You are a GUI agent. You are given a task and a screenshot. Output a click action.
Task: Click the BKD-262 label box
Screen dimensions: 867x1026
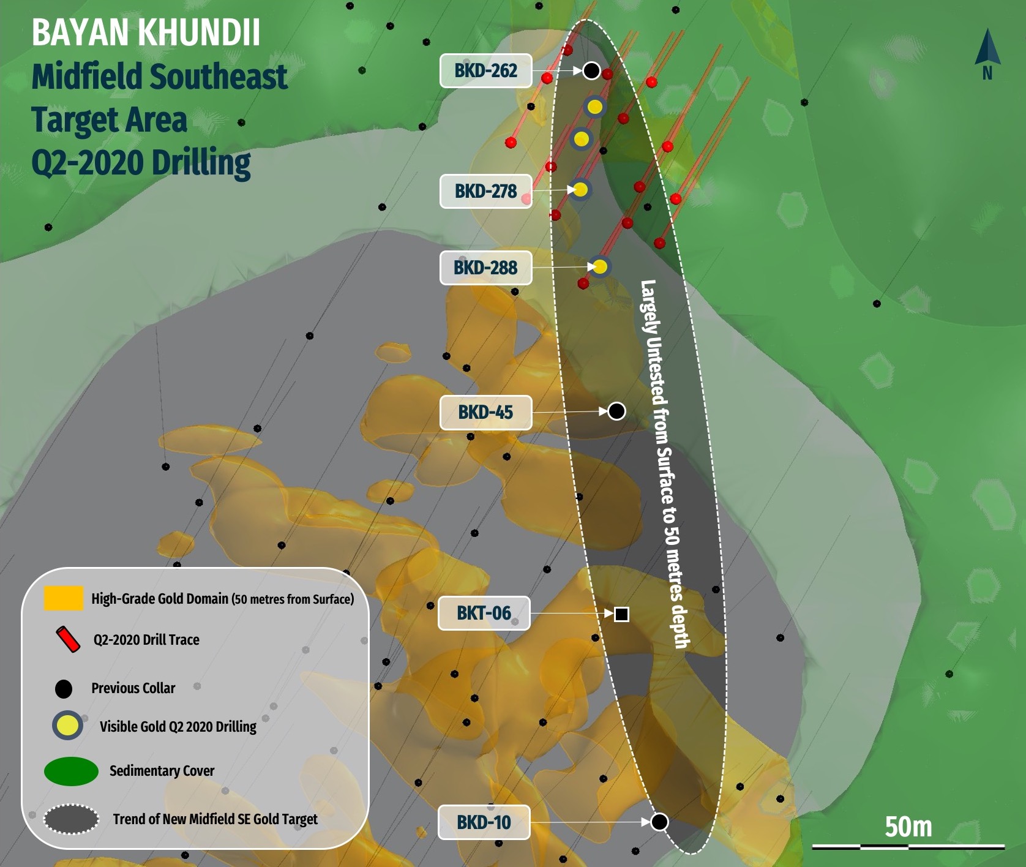485,71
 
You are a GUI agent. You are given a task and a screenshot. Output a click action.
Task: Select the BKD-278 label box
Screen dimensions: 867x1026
485,191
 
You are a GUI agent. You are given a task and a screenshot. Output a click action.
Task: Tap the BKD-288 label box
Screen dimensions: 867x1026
485,268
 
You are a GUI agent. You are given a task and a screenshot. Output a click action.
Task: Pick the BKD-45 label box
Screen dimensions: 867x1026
485,412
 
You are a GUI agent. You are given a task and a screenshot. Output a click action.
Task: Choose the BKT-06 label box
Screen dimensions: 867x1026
484,613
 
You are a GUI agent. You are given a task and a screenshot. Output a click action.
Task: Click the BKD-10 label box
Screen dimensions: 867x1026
484,822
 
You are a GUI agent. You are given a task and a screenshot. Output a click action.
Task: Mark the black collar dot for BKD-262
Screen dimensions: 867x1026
591,70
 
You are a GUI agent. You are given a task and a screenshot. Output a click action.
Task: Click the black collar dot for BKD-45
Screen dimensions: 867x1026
616,411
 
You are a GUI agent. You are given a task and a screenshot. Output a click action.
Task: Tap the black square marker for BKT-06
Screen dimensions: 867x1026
621,614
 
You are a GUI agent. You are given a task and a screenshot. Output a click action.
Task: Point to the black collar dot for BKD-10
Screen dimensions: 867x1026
659,822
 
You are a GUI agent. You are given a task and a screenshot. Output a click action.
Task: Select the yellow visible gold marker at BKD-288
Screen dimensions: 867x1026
601,267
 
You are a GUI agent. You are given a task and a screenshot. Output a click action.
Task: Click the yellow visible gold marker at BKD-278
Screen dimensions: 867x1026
580,190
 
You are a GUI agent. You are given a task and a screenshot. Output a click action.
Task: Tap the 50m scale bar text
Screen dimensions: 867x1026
908,827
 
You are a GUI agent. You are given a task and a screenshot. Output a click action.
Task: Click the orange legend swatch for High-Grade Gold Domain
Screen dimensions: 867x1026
63,598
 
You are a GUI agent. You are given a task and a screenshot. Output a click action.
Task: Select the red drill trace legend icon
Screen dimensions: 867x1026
69,639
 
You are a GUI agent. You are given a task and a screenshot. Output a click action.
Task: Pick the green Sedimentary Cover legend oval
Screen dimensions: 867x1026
71,771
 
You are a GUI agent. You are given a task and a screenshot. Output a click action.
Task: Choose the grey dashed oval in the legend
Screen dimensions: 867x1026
71,819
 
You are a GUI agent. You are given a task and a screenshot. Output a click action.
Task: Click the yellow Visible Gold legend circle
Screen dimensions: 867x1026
67,726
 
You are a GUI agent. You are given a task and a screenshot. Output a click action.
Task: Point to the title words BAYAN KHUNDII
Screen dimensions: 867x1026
146,33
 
